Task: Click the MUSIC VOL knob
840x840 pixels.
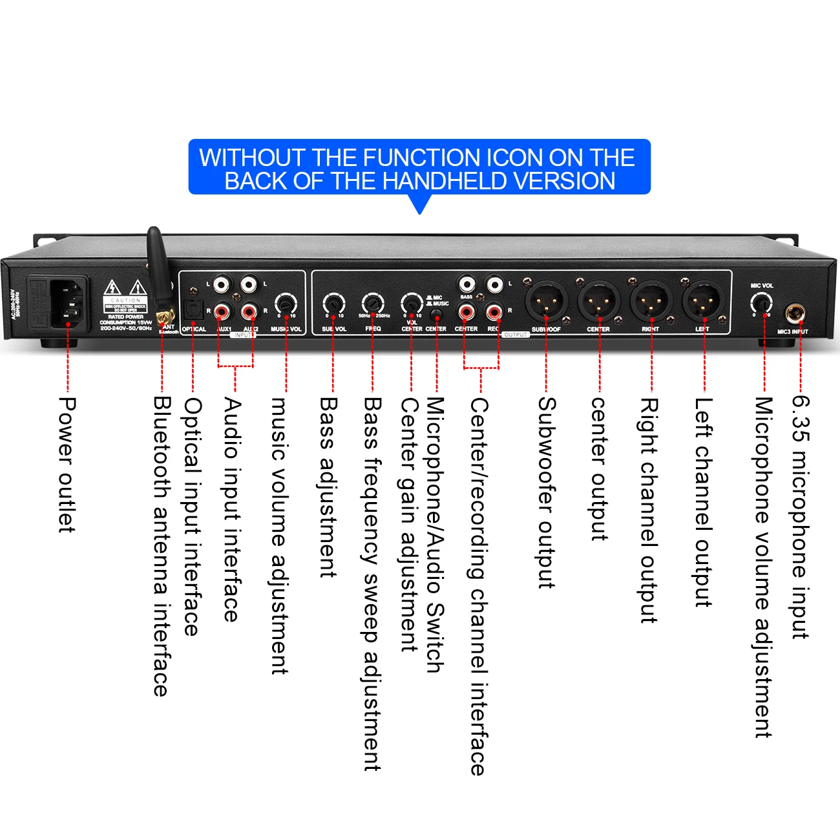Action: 286,303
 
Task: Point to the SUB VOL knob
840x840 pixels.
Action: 333,303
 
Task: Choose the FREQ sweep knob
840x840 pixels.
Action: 372,302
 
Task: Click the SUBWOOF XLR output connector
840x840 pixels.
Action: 546,300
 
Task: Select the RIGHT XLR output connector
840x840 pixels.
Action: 651,300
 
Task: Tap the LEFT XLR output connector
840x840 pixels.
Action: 703,300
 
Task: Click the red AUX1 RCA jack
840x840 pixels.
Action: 222,313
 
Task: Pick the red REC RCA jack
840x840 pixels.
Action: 495,313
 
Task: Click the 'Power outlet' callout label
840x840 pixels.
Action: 67,465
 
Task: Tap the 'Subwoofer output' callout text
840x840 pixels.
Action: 547,492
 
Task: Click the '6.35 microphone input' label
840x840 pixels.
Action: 801,517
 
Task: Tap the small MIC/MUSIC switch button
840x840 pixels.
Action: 437,315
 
